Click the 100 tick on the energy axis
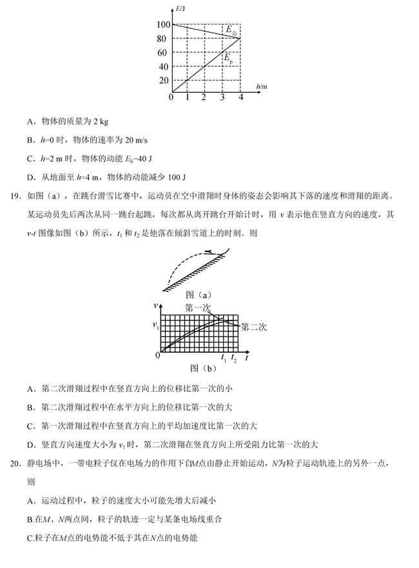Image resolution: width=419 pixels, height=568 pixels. click(161, 24)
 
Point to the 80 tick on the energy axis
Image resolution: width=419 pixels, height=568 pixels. click(162, 39)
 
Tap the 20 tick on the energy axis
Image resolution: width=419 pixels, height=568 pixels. click(162, 81)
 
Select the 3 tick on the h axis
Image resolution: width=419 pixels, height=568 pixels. click(222, 97)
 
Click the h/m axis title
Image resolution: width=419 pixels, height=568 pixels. click(261, 86)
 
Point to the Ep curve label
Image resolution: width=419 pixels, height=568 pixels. click(228, 58)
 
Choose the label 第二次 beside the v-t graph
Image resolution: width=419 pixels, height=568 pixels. click(253, 326)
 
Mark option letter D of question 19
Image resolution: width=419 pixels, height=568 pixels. click(30, 444)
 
